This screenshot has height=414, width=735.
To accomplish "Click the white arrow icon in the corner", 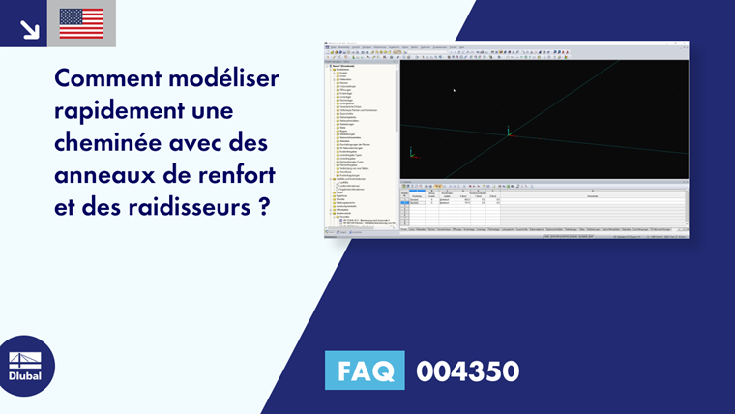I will [x=29, y=28].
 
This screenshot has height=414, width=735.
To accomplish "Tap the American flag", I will [x=81, y=23].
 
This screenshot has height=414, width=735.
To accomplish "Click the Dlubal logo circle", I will [x=26, y=366].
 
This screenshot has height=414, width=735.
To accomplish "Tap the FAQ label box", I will [x=365, y=370].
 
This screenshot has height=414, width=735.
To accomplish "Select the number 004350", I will [x=468, y=370].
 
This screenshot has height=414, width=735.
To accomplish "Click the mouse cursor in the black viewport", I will [x=454, y=90].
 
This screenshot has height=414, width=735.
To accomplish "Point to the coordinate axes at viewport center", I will [x=509, y=133].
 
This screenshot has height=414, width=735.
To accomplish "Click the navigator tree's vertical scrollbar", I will [x=397, y=97].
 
